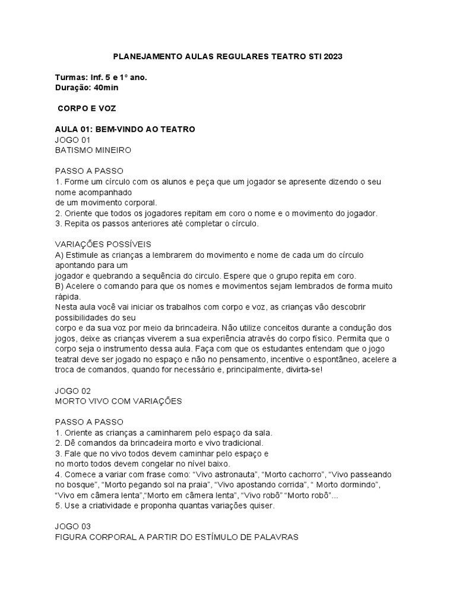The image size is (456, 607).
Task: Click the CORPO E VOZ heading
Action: [87, 109]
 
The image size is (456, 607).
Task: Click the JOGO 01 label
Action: [72, 140]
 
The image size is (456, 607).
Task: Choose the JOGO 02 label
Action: [73, 391]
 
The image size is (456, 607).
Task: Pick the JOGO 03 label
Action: [73, 526]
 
